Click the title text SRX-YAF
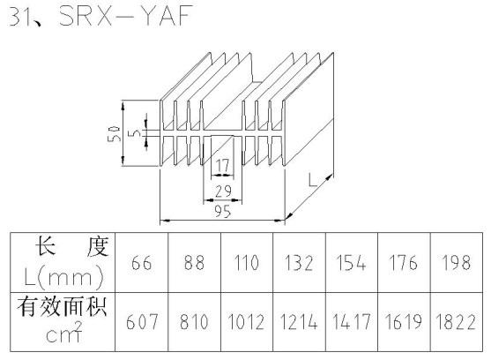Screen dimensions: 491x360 click(x=125, y=15)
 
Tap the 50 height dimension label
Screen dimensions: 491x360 click(x=114, y=134)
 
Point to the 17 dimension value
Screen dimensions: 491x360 click(x=223, y=165)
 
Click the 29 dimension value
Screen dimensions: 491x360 click(x=223, y=191)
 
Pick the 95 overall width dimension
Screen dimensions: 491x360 click(x=223, y=212)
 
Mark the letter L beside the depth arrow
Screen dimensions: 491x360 click(x=313, y=181)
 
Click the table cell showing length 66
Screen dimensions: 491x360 click(x=142, y=263)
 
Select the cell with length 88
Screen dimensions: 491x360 click(x=194, y=263)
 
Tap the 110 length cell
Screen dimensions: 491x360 click(x=247, y=263)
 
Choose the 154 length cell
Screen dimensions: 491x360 click(x=351, y=263)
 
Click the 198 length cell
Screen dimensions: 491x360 click(x=457, y=263)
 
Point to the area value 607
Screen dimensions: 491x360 click(x=142, y=322)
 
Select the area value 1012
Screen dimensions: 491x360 click(x=247, y=322)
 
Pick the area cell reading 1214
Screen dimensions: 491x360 click(x=299, y=322)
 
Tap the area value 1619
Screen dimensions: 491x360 click(x=404, y=322)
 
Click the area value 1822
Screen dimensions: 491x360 click(x=456, y=322)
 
